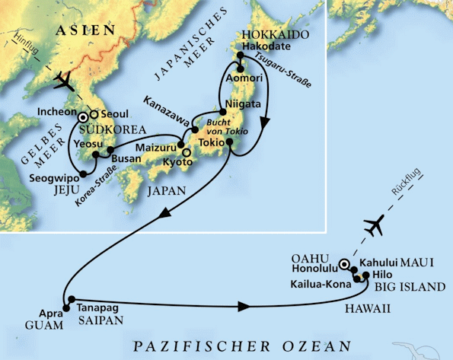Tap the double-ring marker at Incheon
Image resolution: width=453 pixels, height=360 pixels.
82,118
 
